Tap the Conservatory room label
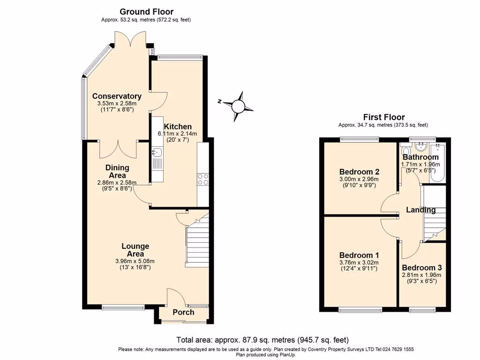coord(117,96)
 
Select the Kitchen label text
coord(178,127)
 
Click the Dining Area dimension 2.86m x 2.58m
coord(117,183)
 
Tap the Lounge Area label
coord(135,250)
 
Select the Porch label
coord(184,312)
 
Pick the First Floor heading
coord(384,117)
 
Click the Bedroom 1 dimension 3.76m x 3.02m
coord(360,262)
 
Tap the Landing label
coord(421,210)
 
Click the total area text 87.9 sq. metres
coord(262,340)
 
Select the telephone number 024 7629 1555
coord(395,349)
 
